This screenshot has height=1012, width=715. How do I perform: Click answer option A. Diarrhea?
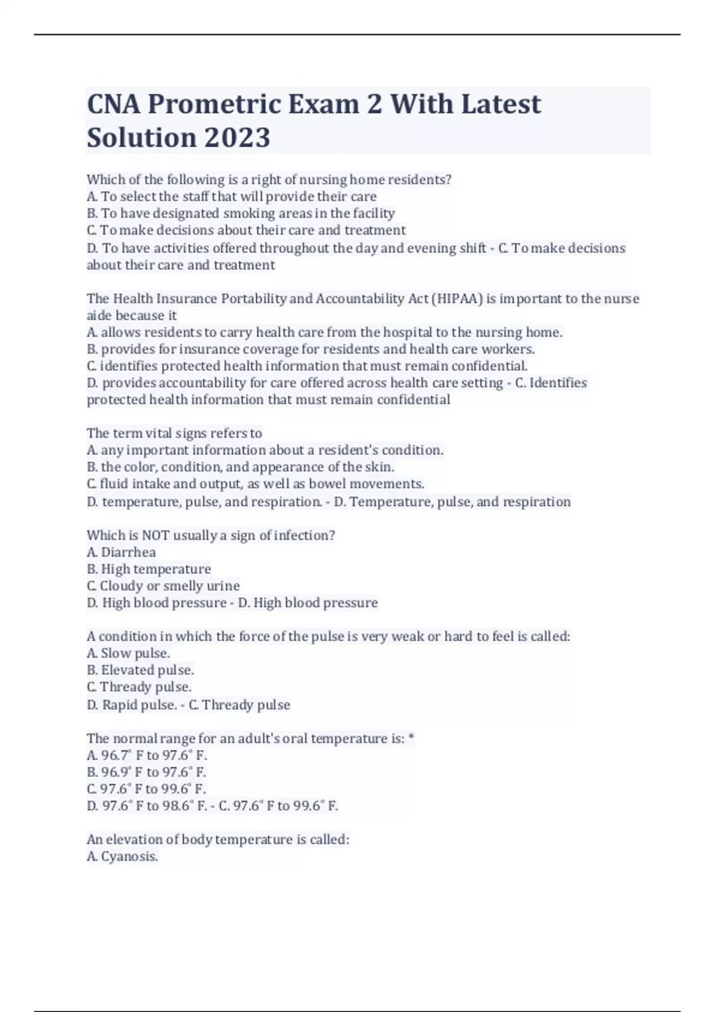[x=122, y=552]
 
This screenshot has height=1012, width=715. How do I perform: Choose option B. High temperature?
[x=149, y=569]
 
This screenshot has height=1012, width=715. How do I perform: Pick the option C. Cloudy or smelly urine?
[x=163, y=586]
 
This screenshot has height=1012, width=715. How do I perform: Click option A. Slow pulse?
[x=128, y=654]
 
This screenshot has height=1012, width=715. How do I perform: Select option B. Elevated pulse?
[x=140, y=670]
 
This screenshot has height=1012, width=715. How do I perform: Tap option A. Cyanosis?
[x=122, y=857]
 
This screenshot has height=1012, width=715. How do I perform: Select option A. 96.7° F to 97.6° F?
[x=147, y=755]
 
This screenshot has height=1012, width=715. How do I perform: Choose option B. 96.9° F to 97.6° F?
[x=147, y=772]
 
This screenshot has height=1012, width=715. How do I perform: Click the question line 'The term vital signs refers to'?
[x=174, y=433]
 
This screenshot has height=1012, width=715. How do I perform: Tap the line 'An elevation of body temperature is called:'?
[x=217, y=840]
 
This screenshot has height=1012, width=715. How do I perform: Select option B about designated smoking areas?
[x=241, y=213]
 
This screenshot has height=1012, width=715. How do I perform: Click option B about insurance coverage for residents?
[x=310, y=349]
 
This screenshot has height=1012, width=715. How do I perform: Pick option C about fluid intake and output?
[x=255, y=484]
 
